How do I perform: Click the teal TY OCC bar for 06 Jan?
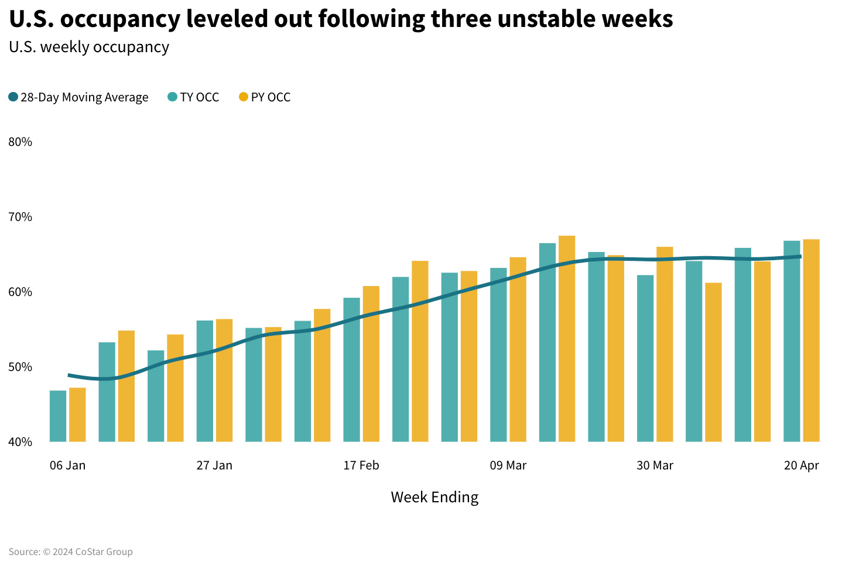[58, 416]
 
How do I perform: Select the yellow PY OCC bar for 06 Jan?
[77, 415]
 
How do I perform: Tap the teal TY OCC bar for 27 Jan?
[205, 381]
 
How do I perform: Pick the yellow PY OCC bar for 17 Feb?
[371, 364]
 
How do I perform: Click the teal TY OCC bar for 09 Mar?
[498, 355]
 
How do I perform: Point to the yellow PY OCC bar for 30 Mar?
[665, 344]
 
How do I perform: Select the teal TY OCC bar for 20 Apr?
[792, 341]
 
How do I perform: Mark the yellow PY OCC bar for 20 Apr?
[811, 341]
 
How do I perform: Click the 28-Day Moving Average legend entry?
[78, 97]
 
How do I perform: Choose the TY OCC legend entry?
[193, 97]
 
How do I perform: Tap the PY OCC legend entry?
[265, 97]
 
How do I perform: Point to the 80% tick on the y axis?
[20, 142]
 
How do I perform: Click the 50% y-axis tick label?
[20, 367]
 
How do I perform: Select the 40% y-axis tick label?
[20, 442]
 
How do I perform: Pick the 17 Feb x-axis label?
[361, 465]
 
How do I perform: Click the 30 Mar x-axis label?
[655, 465]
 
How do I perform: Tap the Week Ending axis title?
[434, 497]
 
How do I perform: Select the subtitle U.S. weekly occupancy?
[89, 47]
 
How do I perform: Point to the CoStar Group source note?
[71, 552]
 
